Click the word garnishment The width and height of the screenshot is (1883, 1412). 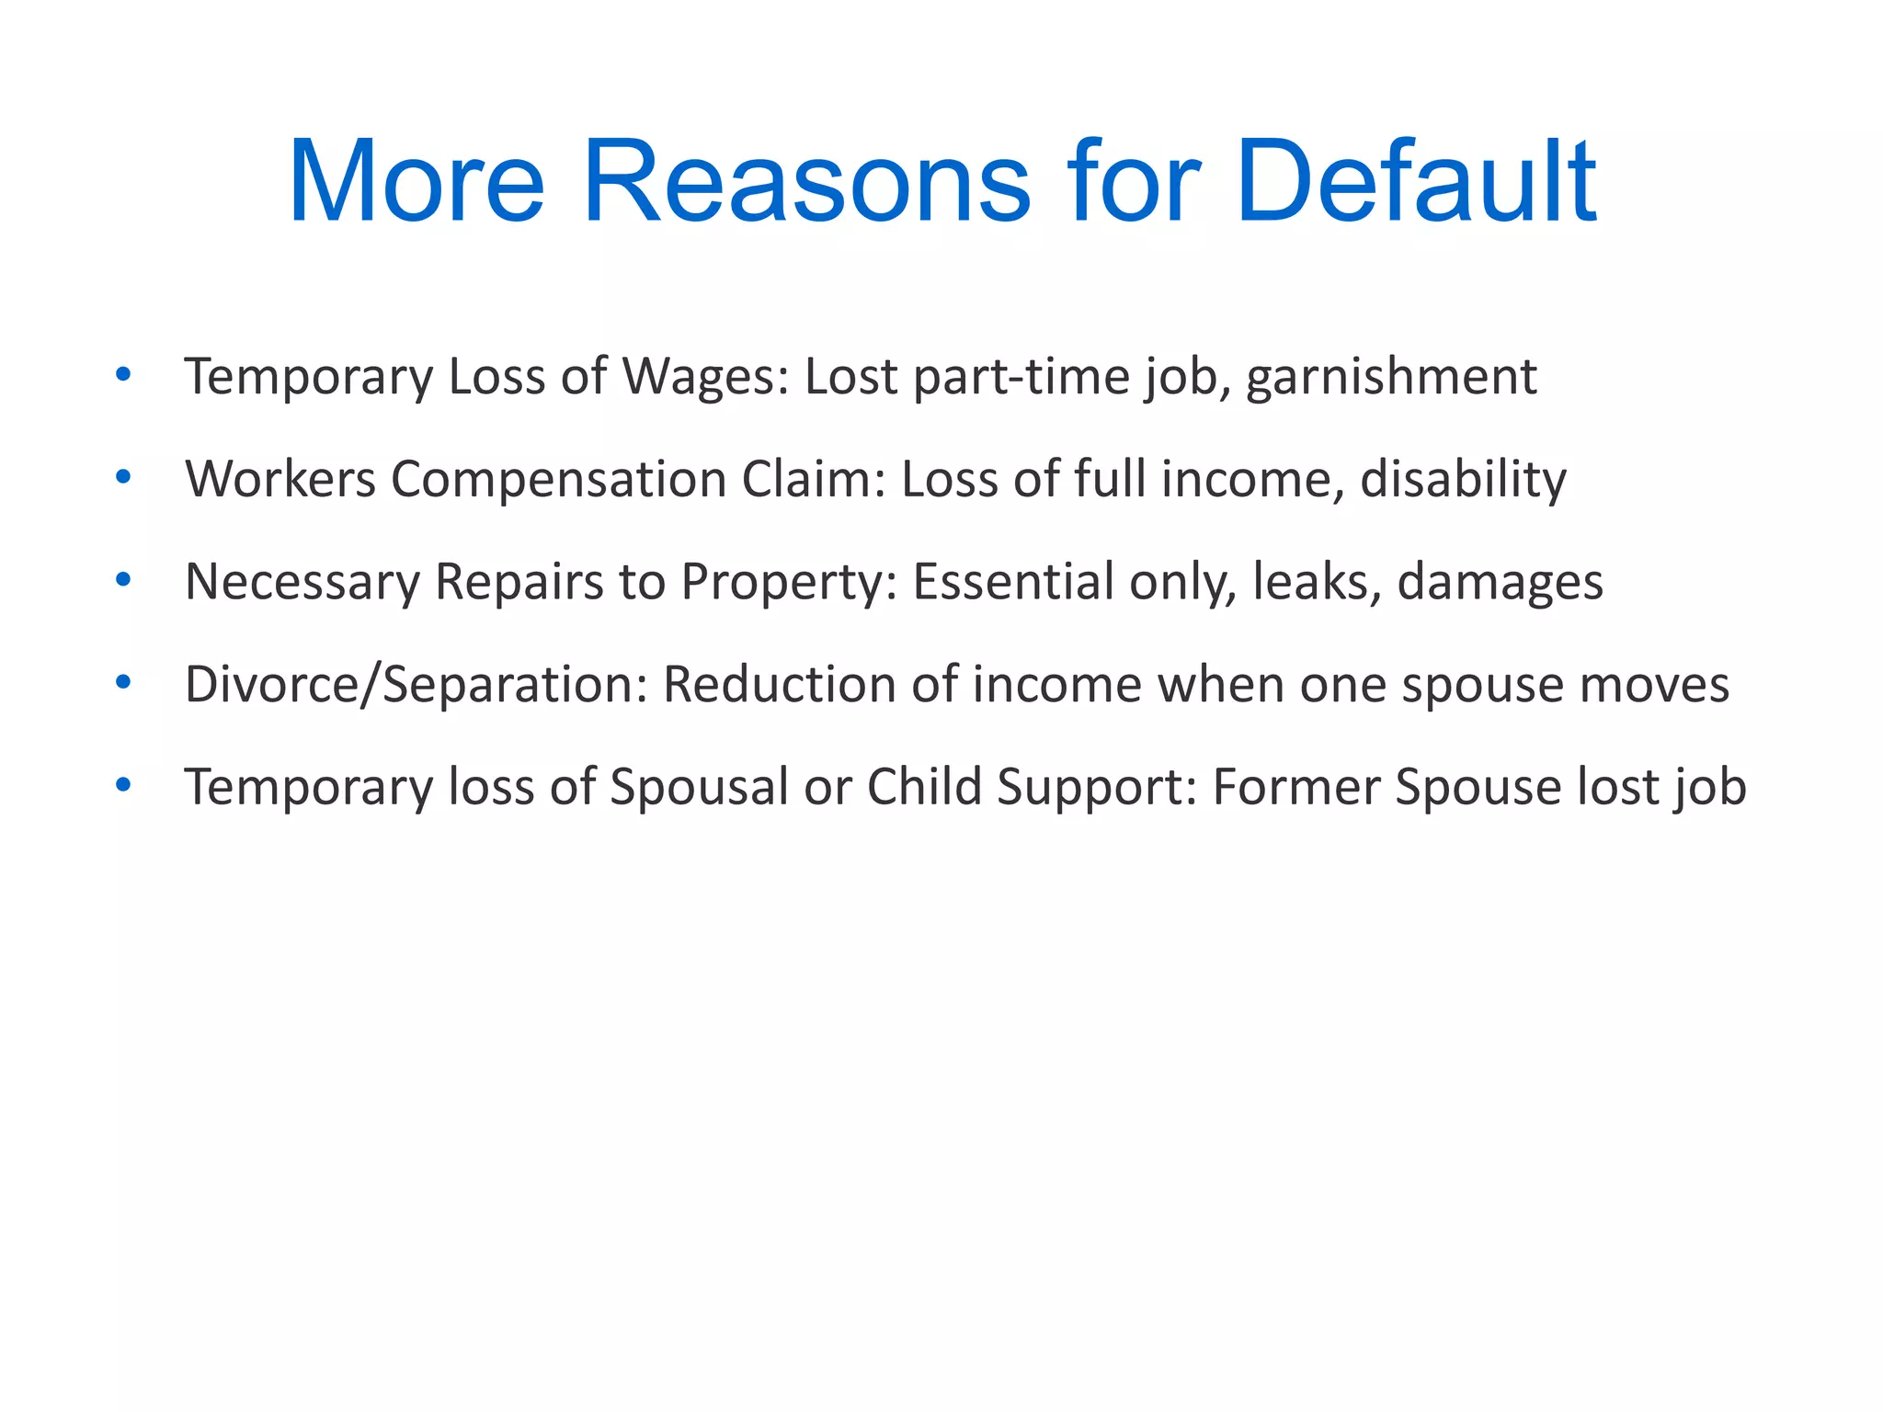(1390, 377)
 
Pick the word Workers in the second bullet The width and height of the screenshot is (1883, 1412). (280, 479)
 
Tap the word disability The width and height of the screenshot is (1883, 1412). (1463, 479)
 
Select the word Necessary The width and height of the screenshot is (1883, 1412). (302, 582)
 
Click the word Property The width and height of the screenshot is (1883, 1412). (790, 582)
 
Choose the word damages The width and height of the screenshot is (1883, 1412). (1500, 582)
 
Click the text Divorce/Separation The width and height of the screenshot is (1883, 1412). (417, 685)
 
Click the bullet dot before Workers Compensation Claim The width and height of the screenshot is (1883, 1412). (123, 477)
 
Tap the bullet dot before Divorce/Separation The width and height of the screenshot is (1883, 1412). (123, 683)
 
